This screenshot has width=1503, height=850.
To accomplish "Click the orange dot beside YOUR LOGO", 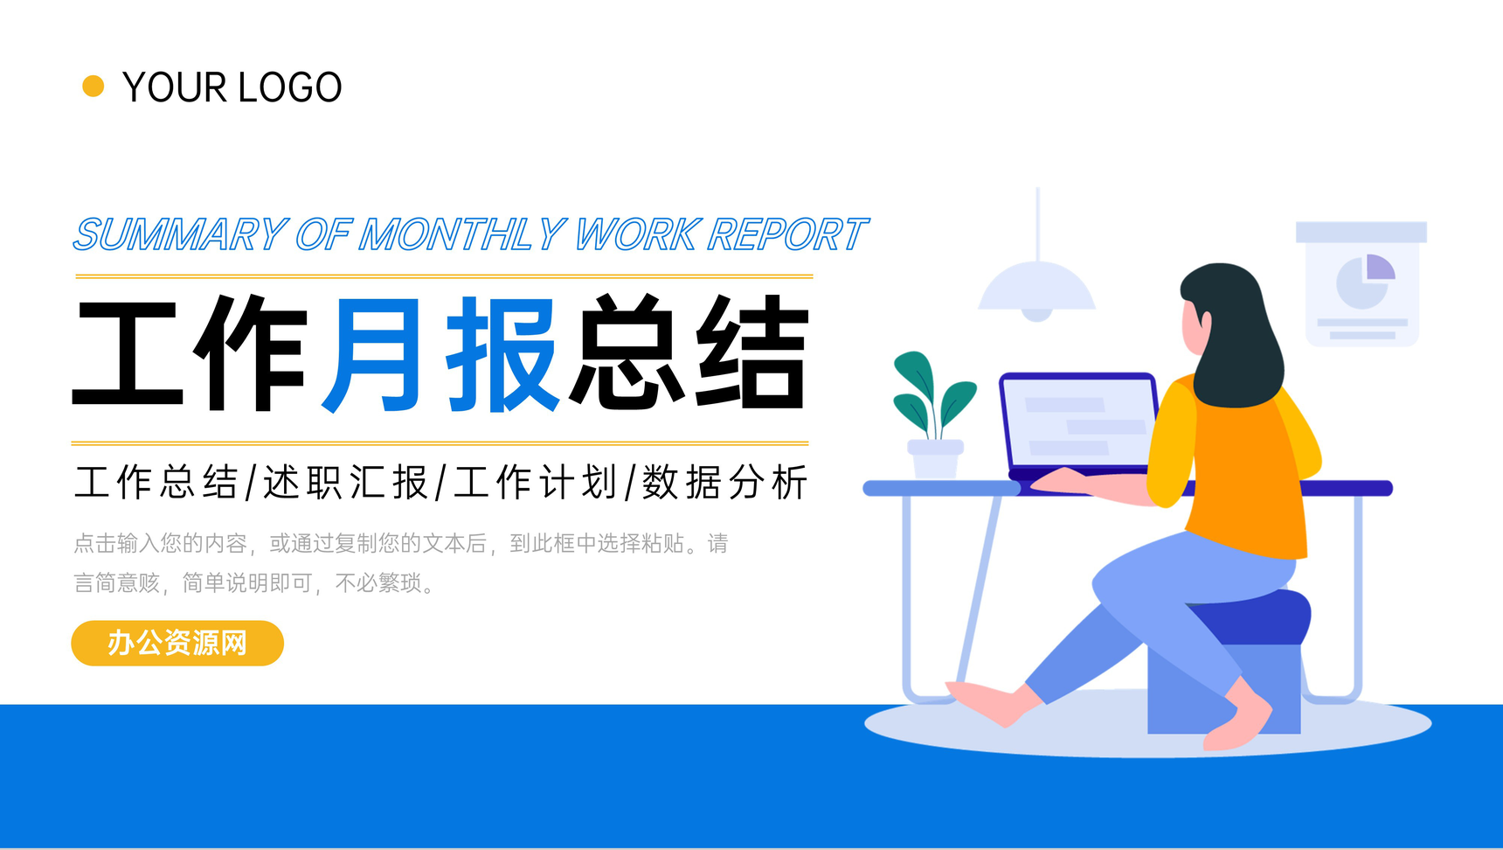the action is coord(93,87).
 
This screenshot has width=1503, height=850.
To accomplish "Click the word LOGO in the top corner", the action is coord(289,87).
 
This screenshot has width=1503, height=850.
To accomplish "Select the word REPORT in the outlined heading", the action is coord(787,234).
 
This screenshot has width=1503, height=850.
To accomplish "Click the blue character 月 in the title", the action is coord(372,353).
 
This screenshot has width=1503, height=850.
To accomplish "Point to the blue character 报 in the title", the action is coord(502,353).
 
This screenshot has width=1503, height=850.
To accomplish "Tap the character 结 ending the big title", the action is coord(751,352).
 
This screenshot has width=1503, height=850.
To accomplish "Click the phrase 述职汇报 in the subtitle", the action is coord(346,482).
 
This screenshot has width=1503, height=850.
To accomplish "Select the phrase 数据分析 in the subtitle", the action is coord(725,482).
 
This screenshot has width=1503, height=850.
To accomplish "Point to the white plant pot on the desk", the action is coord(935,458).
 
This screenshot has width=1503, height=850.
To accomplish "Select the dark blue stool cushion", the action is coord(1258,617).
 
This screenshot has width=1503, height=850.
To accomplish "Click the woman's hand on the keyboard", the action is coord(1062,480).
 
